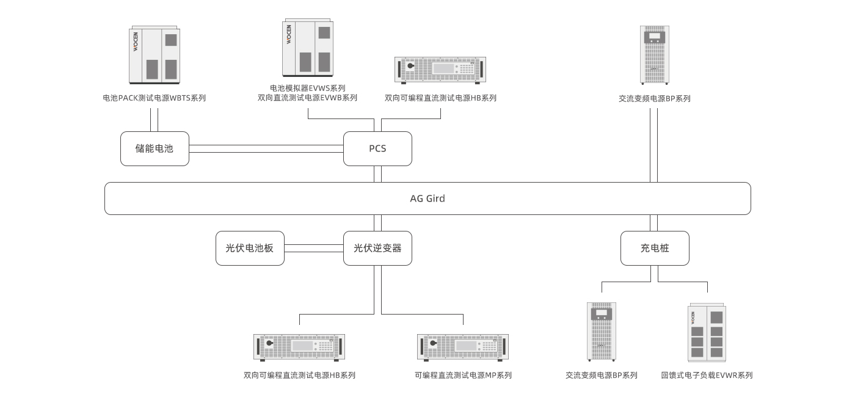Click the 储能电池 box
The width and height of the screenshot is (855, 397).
[155, 148]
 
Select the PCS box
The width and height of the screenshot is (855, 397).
[377, 148]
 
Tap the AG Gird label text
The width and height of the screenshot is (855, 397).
[428, 198]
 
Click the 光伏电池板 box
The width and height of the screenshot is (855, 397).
[250, 248]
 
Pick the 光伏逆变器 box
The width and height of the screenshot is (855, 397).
[377, 248]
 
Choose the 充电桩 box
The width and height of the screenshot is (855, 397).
[654, 248]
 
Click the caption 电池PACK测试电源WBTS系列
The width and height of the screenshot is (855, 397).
[155, 98]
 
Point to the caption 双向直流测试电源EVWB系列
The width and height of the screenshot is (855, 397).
[307, 98]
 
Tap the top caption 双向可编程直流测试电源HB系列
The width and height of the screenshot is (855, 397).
[440, 98]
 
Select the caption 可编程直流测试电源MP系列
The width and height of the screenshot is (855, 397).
[463, 375]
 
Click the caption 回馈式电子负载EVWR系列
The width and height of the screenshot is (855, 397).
[707, 375]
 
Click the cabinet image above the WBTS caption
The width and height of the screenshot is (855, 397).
[155, 55]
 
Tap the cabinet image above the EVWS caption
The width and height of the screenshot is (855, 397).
[307, 48]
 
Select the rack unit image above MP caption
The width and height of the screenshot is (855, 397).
[463, 346]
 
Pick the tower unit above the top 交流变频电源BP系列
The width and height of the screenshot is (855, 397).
[654, 55]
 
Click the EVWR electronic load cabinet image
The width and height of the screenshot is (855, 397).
[707, 333]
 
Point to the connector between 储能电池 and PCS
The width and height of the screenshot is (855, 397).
[266, 148]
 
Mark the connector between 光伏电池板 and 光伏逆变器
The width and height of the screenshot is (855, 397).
[314, 248]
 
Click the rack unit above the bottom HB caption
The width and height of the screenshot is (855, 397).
[299, 346]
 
